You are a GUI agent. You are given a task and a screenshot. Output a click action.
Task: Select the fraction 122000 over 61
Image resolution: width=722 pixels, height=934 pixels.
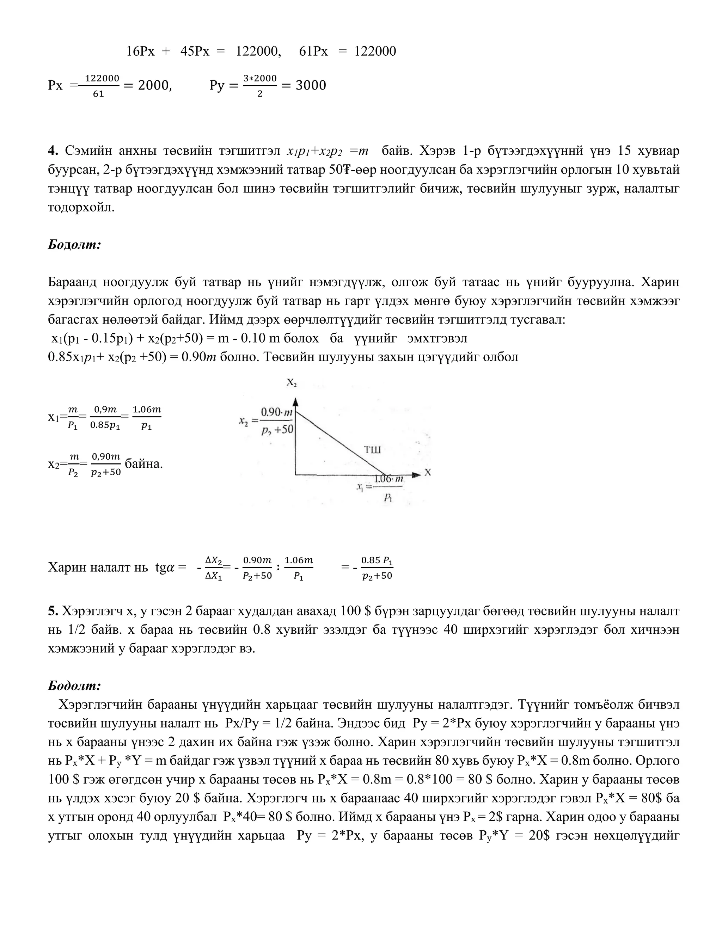pyautogui.click(x=102, y=86)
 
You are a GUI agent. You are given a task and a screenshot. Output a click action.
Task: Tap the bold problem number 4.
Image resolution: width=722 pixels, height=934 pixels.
pyautogui.click(x=53, y=151)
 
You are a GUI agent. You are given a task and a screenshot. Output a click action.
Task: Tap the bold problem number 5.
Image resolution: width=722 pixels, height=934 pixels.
pyautogui.click(x=53, y=611)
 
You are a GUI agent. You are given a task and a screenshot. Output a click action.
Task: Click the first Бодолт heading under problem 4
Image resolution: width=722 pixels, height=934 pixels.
pyautogui.click(x=74, y=245)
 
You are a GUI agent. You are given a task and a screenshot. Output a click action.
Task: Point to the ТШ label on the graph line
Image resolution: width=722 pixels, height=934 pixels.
pyautogui.click(x=372, y=449)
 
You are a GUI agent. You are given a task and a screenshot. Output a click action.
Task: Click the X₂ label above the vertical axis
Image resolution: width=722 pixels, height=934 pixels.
pyautogui.click(x=292, y=383)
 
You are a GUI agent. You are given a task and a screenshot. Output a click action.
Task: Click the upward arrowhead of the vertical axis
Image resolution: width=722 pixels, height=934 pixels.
pyautogui.click(x=295, y=402)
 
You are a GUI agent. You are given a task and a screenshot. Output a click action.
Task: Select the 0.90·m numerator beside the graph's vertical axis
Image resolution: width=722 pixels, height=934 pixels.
pyautogui.click(x=277, y=412)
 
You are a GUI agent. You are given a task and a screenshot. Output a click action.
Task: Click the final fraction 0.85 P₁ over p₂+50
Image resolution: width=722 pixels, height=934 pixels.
pyautogui.click(x=377, y=568)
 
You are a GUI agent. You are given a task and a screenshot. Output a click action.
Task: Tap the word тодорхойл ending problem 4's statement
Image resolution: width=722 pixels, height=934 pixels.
pyautogui.click(x=81, y=208)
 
